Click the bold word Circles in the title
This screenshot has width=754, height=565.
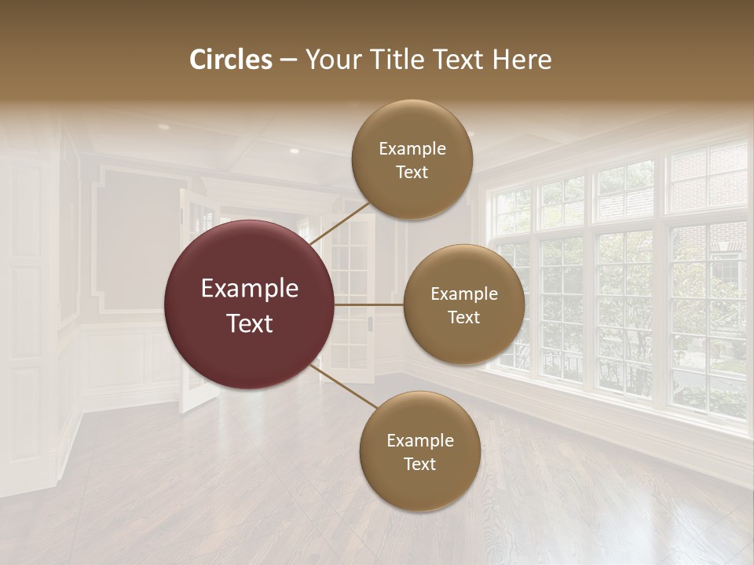231,60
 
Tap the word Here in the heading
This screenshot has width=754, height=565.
522,60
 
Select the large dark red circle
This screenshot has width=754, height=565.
250,304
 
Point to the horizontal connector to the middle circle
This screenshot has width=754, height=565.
368,304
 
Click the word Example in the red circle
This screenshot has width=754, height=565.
250,289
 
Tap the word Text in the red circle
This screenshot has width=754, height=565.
250,323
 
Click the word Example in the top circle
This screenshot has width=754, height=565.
412,149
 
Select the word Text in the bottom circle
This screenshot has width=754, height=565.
419,464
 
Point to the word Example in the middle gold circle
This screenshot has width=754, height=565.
464,294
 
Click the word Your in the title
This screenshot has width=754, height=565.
329,60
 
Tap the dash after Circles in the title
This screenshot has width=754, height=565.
288,60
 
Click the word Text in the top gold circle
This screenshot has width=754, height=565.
412,172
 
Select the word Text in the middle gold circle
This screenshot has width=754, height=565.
464,317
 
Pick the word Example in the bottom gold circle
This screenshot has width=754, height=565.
420,441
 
